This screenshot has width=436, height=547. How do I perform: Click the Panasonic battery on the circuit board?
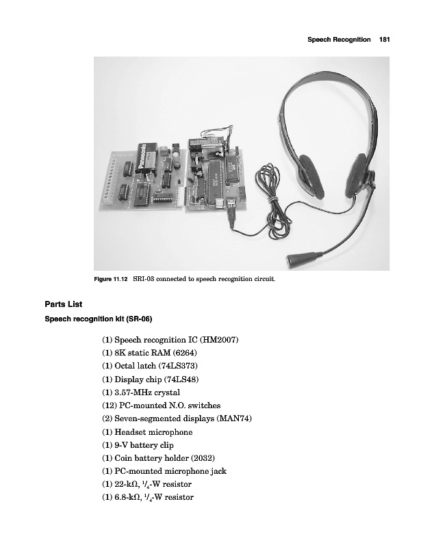149,157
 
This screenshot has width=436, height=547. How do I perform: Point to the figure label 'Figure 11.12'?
110,280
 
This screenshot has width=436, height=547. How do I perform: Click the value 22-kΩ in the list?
127,484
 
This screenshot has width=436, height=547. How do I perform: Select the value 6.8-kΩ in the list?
129,497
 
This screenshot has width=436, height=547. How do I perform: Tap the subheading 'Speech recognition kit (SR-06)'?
98,319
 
